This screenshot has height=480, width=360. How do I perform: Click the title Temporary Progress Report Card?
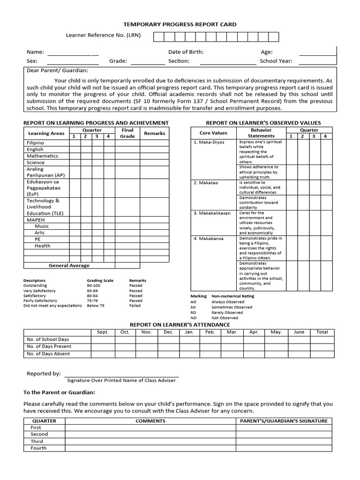(180, 24)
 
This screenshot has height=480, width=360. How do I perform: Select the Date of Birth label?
(186, 52)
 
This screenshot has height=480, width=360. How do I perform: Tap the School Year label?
(276, 61)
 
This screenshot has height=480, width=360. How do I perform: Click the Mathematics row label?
(42, 156)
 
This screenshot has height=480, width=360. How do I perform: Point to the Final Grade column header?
(127, 133)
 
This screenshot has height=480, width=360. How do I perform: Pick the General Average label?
(69, 266)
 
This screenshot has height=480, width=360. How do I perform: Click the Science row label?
(36, 163)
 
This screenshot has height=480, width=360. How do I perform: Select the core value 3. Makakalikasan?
(212, 213)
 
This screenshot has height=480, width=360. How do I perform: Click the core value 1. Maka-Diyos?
(209, 142)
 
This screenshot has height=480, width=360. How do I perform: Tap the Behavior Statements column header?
(261, 133)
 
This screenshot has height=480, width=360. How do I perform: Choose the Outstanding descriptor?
(35, 285)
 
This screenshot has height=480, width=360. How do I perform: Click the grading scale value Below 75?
(96, 306)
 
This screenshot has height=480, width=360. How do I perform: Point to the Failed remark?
(135, 306)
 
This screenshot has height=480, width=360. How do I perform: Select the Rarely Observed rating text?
(227, 313)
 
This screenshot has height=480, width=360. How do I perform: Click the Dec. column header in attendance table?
(168, 332)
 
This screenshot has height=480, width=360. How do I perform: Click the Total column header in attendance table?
(322, 332)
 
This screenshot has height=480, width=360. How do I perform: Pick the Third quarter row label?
(37, 442)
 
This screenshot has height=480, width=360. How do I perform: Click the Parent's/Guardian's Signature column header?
(284, 421)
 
